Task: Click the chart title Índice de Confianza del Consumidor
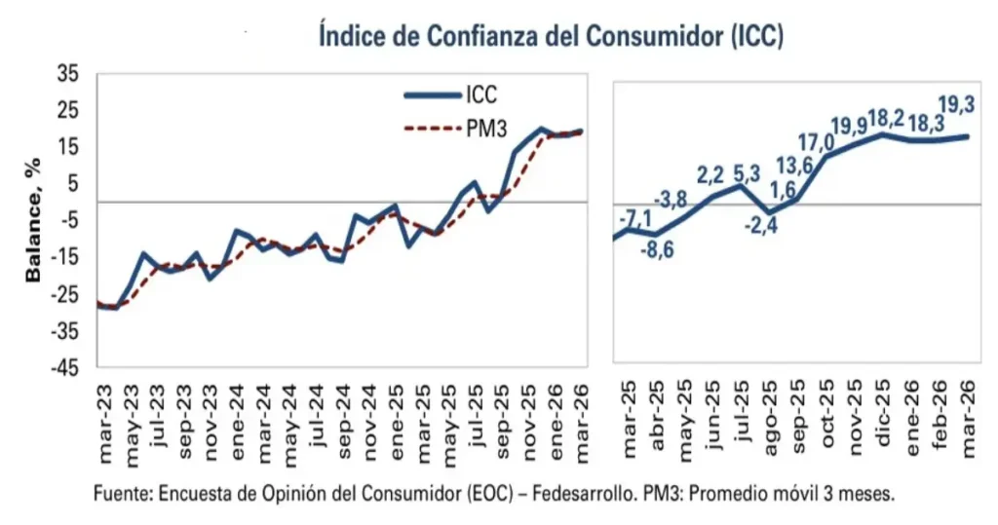tap(552, 35)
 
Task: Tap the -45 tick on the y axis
tap(66, 368)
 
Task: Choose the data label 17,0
tap(814, 142)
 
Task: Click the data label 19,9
tap(848, 126)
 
